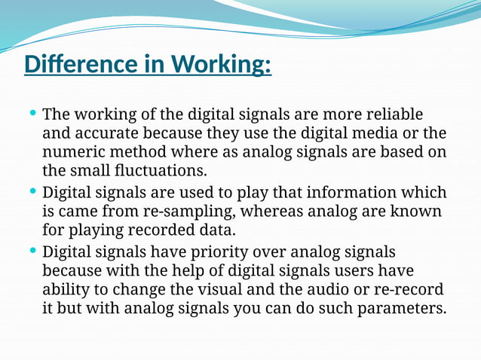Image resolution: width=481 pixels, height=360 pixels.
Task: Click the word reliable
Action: (394, 115)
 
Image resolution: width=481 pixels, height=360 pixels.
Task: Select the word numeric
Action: (72, 153)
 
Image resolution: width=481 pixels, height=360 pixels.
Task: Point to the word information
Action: (342, 193)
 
